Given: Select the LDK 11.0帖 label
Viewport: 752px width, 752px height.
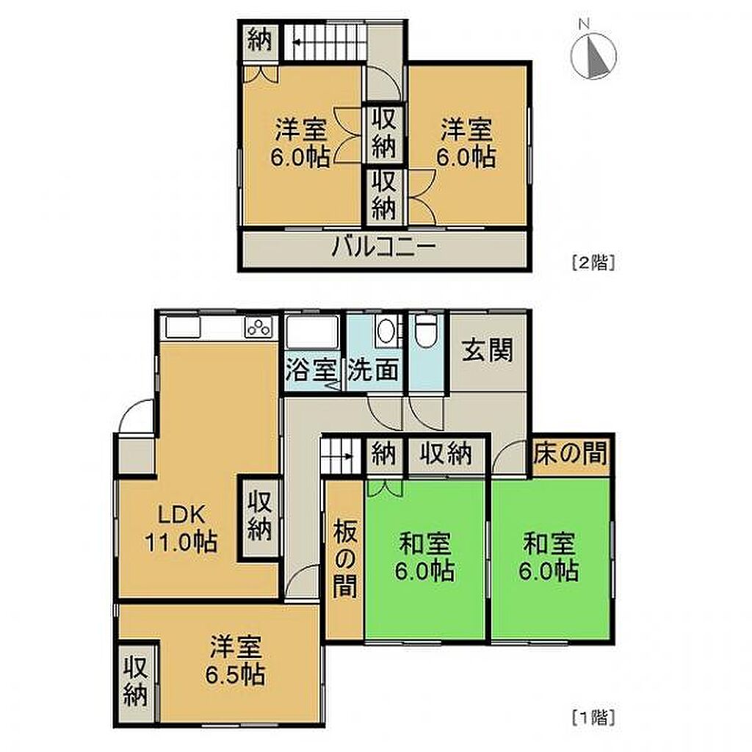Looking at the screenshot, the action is click(182, 529).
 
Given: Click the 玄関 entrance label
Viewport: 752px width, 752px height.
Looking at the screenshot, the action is click(488, 350).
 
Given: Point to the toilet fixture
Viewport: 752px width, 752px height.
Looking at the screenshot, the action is click(424, 330).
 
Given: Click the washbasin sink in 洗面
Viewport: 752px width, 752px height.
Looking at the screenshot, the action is click(385, 330).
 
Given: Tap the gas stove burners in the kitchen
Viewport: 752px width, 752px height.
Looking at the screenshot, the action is click(258, 328).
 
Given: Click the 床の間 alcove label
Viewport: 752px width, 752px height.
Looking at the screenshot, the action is click(571, 452).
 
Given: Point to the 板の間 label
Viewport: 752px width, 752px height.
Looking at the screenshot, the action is click(345, 558).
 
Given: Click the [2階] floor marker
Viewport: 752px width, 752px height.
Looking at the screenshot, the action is click(593, 263).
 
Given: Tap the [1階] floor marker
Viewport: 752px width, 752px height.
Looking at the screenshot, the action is click(593, 717).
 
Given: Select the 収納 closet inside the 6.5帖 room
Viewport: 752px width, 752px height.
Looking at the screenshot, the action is click(136, 681).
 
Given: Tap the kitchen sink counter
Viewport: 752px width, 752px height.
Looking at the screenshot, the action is click(183, 328).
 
